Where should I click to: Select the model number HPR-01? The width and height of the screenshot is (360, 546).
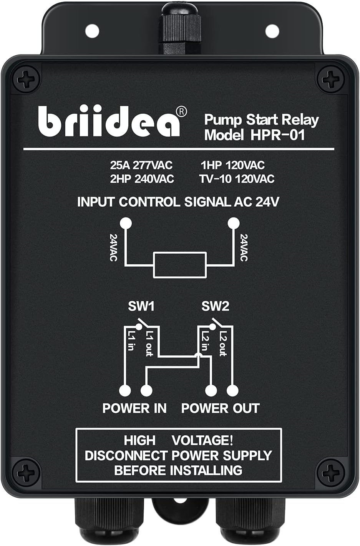pyautogui.click(x=278, y=135)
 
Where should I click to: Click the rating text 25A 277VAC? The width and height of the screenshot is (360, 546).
pyautogui.click(x=141, y=166)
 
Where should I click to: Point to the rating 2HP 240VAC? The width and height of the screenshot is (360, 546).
pyautogui.click(x=142, y=179)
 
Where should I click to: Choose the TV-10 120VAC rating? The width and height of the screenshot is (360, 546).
pyautogui.click(x=237, y=179)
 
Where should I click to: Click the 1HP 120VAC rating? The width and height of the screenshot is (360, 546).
pyautogui.click(x=232, y=166)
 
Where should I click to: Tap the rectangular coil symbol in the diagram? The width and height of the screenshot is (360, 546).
pyautogui.click(x=180, y=265)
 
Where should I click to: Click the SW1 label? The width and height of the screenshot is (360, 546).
pyautogui.click(x=141, y=306)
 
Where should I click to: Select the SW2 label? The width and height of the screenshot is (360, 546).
pyautogui.click(x=215, y=306)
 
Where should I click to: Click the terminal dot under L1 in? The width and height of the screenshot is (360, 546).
pyautogui.click(x=125, y=390)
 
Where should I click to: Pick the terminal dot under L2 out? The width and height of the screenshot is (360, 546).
pyautogui.click(x=232, y=390)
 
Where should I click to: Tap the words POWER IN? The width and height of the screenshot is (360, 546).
pyautogui.click(x=134, y=408)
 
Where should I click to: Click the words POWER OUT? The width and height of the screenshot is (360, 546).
pyautogui.click(x=220, y=408)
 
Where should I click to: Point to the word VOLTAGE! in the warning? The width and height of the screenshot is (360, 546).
pyautogui.click(x=202, y=440)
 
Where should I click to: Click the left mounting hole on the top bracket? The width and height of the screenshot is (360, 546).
pyautogui.click(x=92, y=29)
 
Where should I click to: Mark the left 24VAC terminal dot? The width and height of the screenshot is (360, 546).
pyautogui.click(x=126, y=223)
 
